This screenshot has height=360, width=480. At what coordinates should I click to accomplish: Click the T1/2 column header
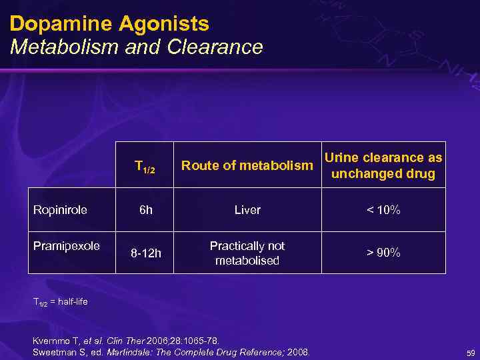145,166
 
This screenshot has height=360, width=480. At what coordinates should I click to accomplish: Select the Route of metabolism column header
247,165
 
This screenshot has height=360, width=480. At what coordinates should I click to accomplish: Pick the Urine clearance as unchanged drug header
383,165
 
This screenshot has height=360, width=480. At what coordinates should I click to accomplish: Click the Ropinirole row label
60,209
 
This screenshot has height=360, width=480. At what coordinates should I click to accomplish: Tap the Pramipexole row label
66,245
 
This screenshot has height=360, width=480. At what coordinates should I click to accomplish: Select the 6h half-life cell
145,210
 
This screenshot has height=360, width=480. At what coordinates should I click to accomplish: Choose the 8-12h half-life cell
145,253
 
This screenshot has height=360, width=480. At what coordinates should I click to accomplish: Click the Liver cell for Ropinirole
247,210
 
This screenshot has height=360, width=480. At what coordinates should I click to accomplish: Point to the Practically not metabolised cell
247,253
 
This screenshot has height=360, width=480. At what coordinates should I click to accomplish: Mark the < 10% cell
383,210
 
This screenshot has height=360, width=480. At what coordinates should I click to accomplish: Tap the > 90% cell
383,253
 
